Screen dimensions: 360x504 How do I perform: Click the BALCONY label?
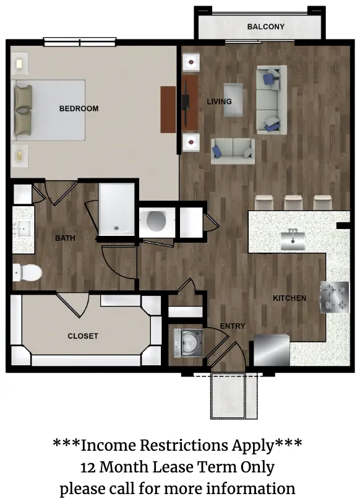[265, 27]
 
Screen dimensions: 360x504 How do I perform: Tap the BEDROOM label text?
[79, 108]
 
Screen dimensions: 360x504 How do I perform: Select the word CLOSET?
[83, 336]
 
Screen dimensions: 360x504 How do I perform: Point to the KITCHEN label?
[289, 298]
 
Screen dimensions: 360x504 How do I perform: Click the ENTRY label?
[233, 326]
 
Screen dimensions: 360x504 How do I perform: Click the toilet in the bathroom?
[28, 272]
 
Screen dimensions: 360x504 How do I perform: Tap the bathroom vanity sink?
[23, 228]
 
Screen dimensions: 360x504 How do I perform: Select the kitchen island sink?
[293, 240]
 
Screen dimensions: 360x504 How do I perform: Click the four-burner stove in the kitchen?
[334, 297]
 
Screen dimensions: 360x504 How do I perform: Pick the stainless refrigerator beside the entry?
[272, 350]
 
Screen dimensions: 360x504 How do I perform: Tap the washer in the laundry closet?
[188, 343]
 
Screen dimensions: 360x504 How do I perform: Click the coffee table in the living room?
[233, 100]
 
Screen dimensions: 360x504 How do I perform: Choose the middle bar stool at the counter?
[293, 202]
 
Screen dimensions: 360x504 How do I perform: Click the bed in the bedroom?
[48, 110]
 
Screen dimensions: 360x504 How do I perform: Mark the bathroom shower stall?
[116, 209]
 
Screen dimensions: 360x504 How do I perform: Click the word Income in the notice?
[109, 446]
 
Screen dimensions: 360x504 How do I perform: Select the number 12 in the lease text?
[88, 467]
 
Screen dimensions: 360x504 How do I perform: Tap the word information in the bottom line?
[251, 489]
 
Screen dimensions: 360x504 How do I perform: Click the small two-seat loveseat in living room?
[233, 151]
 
